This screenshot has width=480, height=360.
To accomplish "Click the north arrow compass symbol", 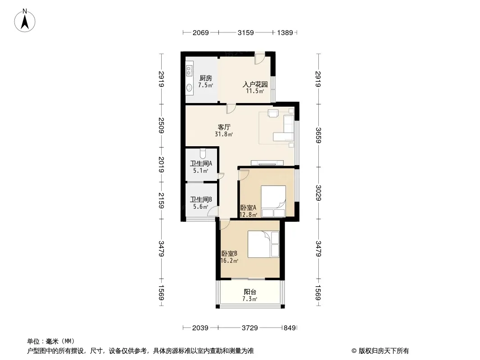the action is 25,21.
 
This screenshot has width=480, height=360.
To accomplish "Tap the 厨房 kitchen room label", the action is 205,78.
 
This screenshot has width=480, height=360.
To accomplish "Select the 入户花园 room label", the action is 255,84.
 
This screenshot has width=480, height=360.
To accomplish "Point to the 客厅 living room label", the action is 224,127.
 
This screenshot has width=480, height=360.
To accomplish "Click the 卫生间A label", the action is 201,164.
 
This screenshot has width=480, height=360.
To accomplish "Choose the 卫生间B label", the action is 201,200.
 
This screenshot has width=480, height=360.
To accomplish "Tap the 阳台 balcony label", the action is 250,292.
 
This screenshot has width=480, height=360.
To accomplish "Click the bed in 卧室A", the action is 273,201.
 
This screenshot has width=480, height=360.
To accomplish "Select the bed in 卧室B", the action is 263,244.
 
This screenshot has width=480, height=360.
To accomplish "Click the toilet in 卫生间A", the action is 202,152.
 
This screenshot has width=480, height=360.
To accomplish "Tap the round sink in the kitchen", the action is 189,87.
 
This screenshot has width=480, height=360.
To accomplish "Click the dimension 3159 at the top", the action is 245,32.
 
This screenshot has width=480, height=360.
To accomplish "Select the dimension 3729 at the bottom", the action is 250,328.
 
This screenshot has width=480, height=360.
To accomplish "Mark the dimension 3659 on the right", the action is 318,135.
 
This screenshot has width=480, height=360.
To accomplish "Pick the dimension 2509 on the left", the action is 161,126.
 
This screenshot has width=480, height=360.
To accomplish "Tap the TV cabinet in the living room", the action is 267,163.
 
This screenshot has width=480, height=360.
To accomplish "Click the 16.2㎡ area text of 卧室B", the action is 229,261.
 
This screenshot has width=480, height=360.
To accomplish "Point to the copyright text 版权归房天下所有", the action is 384,351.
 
